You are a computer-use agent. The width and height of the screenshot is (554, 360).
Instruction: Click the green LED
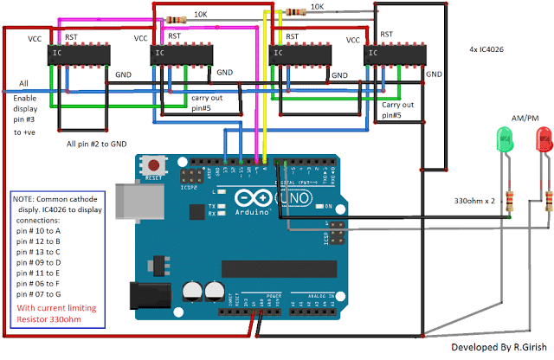[x=503, y=138]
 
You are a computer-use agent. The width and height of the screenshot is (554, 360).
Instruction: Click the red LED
[x=544, y=137]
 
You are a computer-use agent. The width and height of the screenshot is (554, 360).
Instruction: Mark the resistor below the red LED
[x=546, y=202]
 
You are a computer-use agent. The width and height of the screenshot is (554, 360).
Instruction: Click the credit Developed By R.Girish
[x=498, y=347]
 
